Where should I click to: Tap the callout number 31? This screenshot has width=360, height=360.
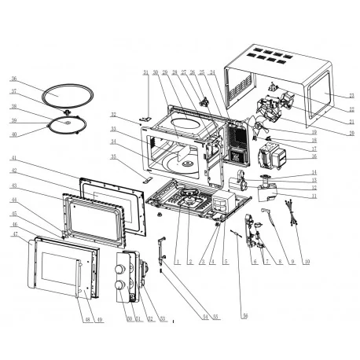click(x=145, y=72)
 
